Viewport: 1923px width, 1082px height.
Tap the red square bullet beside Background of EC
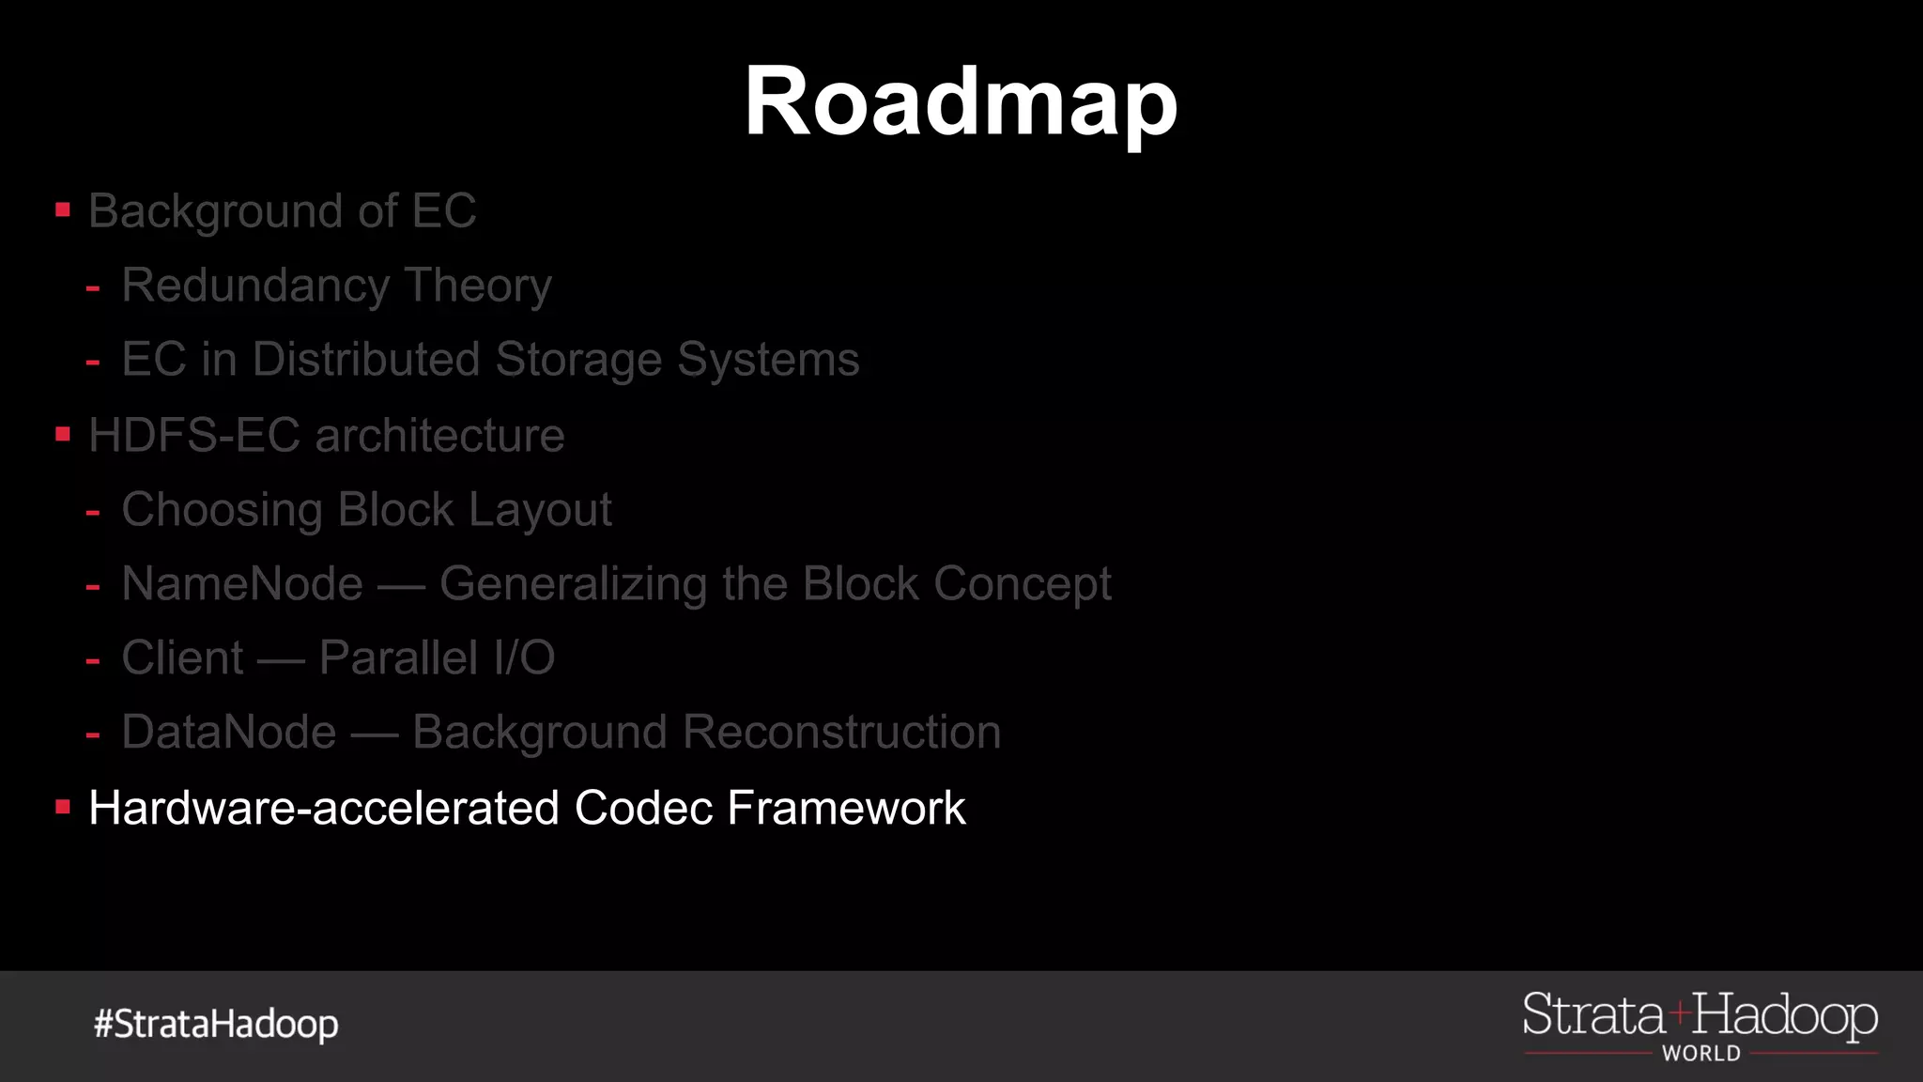click(x=63, y=210)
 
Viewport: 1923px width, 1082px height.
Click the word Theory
click(x=478, y=286)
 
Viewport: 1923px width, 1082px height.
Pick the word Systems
click(x=768, y=360)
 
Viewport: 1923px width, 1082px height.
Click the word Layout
click(x=540, y=510)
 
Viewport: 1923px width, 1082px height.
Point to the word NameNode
click(x=242, y=583)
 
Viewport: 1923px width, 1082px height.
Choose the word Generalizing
click(x=573, y=584)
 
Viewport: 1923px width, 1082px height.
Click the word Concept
click(x=1023, y=584)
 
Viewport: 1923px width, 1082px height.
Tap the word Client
click(x=183, y=657)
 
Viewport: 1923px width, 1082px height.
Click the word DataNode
click(x=229, y=732)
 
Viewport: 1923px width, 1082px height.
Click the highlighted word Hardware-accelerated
click(x=325, y=808)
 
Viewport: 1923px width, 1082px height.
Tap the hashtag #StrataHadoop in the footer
click(x=216, y=1024)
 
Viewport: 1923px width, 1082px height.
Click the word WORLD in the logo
click(x=1700, y=1054)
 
